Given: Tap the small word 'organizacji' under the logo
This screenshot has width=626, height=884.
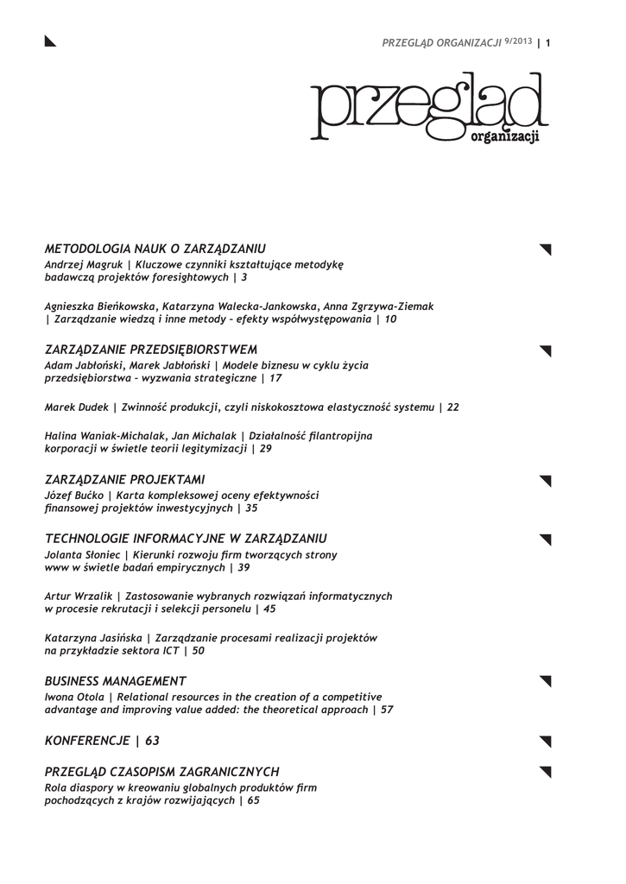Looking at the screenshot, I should (505, 137).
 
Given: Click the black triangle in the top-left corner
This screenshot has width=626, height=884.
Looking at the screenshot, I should (50, 41).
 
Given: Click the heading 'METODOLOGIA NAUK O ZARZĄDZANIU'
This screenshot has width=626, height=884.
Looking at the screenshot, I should (155, 249).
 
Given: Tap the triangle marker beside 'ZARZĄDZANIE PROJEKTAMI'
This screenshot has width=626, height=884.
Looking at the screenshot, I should (545, 480).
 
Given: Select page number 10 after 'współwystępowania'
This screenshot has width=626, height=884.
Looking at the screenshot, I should (391, 319).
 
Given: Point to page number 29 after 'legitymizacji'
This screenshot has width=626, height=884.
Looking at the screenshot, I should (266, 450).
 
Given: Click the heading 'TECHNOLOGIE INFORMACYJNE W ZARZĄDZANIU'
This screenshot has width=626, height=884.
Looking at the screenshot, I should (186, 538).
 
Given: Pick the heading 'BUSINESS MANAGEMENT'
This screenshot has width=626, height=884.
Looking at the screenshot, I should (116, 681).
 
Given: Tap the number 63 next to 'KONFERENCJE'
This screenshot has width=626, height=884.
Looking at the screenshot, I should (152, 741).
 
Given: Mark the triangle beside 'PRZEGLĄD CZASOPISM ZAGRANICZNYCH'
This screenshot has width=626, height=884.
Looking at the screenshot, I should (545, 772).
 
